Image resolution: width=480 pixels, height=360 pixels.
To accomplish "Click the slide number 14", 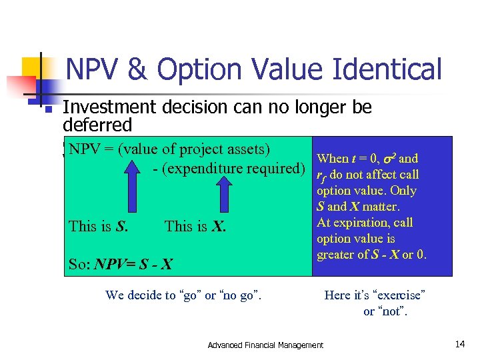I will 459,344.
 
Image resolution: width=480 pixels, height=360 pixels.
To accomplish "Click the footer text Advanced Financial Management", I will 265,345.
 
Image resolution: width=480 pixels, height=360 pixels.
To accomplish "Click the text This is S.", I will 99,226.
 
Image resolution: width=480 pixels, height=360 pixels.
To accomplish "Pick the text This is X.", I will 195,226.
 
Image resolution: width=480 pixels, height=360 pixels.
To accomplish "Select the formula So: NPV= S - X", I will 121,264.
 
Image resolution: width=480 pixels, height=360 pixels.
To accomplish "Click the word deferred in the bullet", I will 97,125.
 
